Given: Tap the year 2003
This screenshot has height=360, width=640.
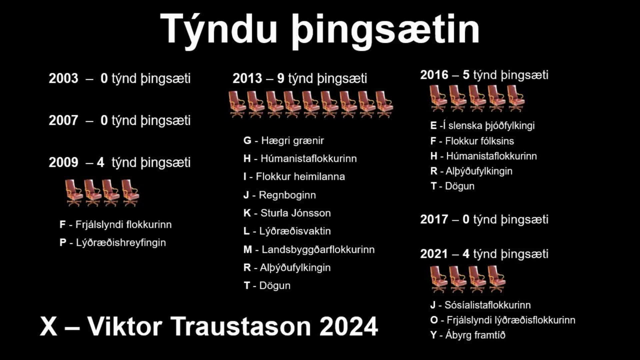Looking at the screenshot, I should tap(63, 78).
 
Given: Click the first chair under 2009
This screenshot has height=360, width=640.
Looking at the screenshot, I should tap(74, 192).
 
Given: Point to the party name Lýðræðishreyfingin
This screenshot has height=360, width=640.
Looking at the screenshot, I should tap(121, 243).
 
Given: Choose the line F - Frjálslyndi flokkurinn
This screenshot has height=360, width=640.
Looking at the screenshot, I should tap(116, 225).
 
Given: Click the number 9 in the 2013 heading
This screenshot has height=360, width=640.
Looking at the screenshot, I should tap(281, 78).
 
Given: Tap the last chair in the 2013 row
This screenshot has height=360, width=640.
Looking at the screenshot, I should tap(384, 104).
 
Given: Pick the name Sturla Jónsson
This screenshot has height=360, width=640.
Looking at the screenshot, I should tap(296, 213).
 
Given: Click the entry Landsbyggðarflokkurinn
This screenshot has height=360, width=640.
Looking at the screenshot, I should tap(318, 250).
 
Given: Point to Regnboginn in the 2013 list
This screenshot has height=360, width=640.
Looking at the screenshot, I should tap(287, 195).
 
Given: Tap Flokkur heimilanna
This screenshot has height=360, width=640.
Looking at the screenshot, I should tap(300, 177).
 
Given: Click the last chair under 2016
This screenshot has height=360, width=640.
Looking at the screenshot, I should tap(516, 98).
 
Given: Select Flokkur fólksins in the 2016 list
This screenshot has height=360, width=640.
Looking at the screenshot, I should tap(479, 141).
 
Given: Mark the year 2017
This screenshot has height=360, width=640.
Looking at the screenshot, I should tap(434, 220).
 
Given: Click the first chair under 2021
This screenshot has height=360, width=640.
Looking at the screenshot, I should tap(438, 279).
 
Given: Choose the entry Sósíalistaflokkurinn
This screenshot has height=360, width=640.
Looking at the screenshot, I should tap(488, 305).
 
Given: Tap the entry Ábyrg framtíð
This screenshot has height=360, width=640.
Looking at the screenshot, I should tap(475, 335).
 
